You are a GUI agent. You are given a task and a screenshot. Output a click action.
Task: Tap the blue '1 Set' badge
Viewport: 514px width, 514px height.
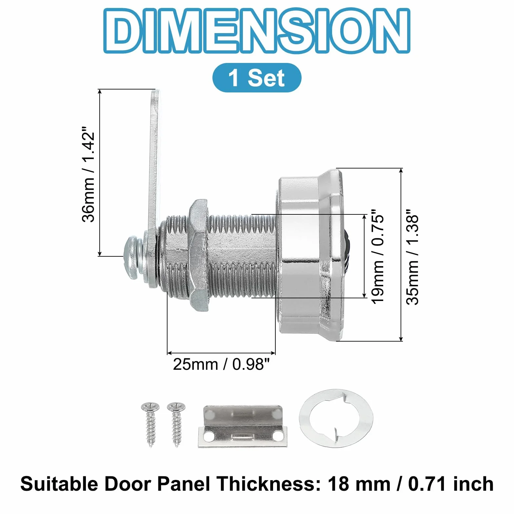(x=257, y=78)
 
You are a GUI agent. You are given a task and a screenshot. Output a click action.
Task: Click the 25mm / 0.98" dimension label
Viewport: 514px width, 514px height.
(x=221, y=364)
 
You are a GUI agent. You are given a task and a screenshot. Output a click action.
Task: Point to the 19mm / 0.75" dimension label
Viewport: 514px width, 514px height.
(x=377, y=257)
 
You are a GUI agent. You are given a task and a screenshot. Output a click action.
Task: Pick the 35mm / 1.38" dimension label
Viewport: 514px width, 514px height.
(x=412, y=257)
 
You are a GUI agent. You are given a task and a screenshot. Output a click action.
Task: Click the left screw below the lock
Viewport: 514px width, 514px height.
(x=150, y=424)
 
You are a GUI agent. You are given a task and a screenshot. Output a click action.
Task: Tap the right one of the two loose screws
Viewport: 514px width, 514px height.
(x=176, y=424)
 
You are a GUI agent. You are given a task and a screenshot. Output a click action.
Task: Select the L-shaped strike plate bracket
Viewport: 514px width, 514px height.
(x=243, y=426)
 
